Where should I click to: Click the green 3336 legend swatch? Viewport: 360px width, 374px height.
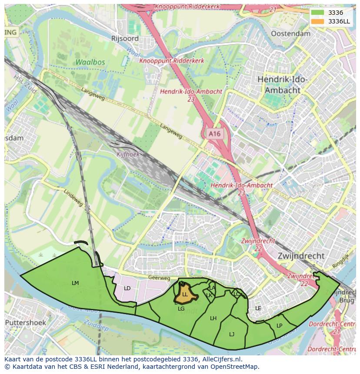[318, 13]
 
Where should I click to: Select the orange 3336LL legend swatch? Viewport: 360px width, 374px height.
[318, 21]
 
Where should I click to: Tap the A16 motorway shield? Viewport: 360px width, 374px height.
[214, 134]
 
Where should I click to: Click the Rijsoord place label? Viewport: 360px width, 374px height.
[125, 38]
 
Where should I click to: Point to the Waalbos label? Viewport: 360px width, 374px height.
[90, 62]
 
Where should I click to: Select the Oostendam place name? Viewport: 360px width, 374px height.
[290, 33]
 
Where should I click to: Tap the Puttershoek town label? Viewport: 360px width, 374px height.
[25, 323]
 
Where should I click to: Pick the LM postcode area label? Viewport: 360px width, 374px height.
[75, 283]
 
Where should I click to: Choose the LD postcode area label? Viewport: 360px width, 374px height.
[127, 288]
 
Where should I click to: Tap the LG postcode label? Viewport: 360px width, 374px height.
[181, 309]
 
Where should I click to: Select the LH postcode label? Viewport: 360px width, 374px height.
[213, 318]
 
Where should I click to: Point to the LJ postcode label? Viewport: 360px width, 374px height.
[232, 334]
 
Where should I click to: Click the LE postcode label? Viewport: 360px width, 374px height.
[258, 308]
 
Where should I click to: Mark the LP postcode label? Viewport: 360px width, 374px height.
[279, 326]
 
